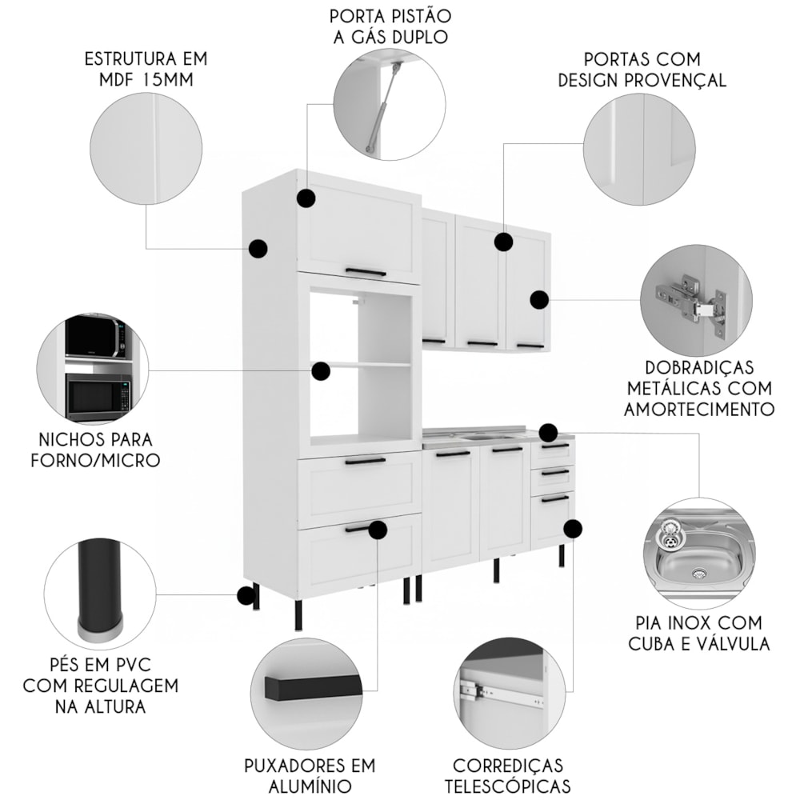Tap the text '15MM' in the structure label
pos(174,80)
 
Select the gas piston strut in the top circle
pos(380,108)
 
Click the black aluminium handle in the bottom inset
pos(314,687)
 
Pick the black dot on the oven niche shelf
pos(321,370)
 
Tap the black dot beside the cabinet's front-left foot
pos(245,595)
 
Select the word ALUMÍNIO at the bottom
pos(310,786)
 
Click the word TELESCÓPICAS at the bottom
pos(507,786)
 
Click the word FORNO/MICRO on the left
pos(95,460)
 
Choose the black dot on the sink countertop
pos(548,433)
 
